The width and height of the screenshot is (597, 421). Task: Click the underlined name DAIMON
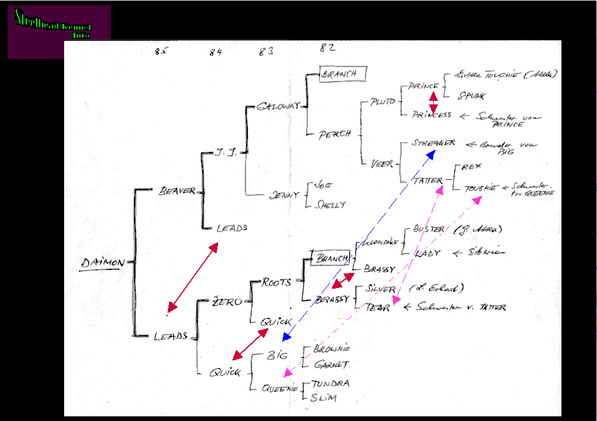click(103, 263)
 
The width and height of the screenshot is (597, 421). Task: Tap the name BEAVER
click(177, 191)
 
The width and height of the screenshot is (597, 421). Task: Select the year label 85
click(161, 51)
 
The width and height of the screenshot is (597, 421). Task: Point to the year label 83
click(266, 51)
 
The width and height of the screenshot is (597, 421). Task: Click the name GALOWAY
click(278, 106)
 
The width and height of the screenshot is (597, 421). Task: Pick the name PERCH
click(335, 134)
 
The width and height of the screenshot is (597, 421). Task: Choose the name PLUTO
click(382, 101)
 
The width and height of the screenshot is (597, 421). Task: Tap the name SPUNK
click(472, 95)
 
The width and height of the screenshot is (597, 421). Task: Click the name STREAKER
click(433, 143)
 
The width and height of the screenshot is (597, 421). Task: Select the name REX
click(472, 167)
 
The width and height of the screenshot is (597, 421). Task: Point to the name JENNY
click(284, 195)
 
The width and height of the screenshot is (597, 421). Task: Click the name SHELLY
click(330, 205)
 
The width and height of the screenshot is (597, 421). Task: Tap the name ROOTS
click(276, 282)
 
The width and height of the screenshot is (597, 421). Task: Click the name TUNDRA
click(331, 383)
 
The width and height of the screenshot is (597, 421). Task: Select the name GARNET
click(331, 365)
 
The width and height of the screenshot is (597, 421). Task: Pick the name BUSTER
click(429, 229)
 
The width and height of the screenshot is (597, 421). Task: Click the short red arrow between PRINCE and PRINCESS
click(433, 101)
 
